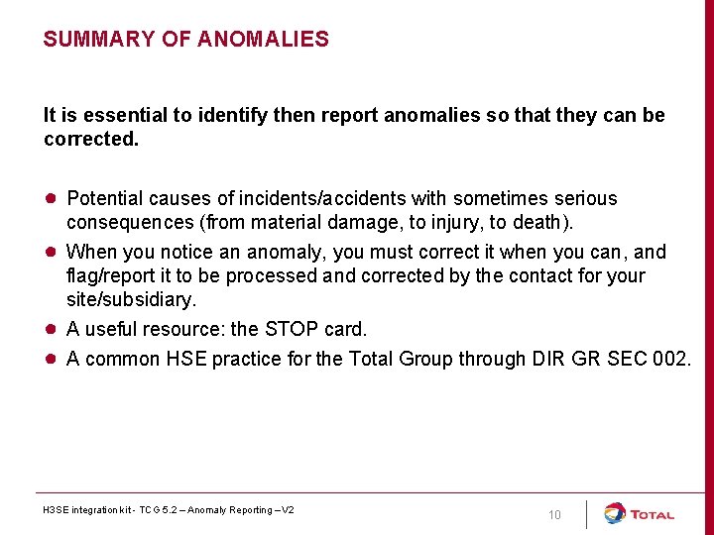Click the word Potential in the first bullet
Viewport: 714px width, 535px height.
[x=106, y=199]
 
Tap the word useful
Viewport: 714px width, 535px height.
[x=111, y=329]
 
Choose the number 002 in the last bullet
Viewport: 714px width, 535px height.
[x=670, y=359]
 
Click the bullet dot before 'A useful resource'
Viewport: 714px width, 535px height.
[x=50, y=329]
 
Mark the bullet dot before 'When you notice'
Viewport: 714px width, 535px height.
[x=50, y=252]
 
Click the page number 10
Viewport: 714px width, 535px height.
[x=554, y=514]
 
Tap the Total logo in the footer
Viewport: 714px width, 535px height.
[x=640, y=514]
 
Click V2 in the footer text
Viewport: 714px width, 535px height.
[x=287, y=510]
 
